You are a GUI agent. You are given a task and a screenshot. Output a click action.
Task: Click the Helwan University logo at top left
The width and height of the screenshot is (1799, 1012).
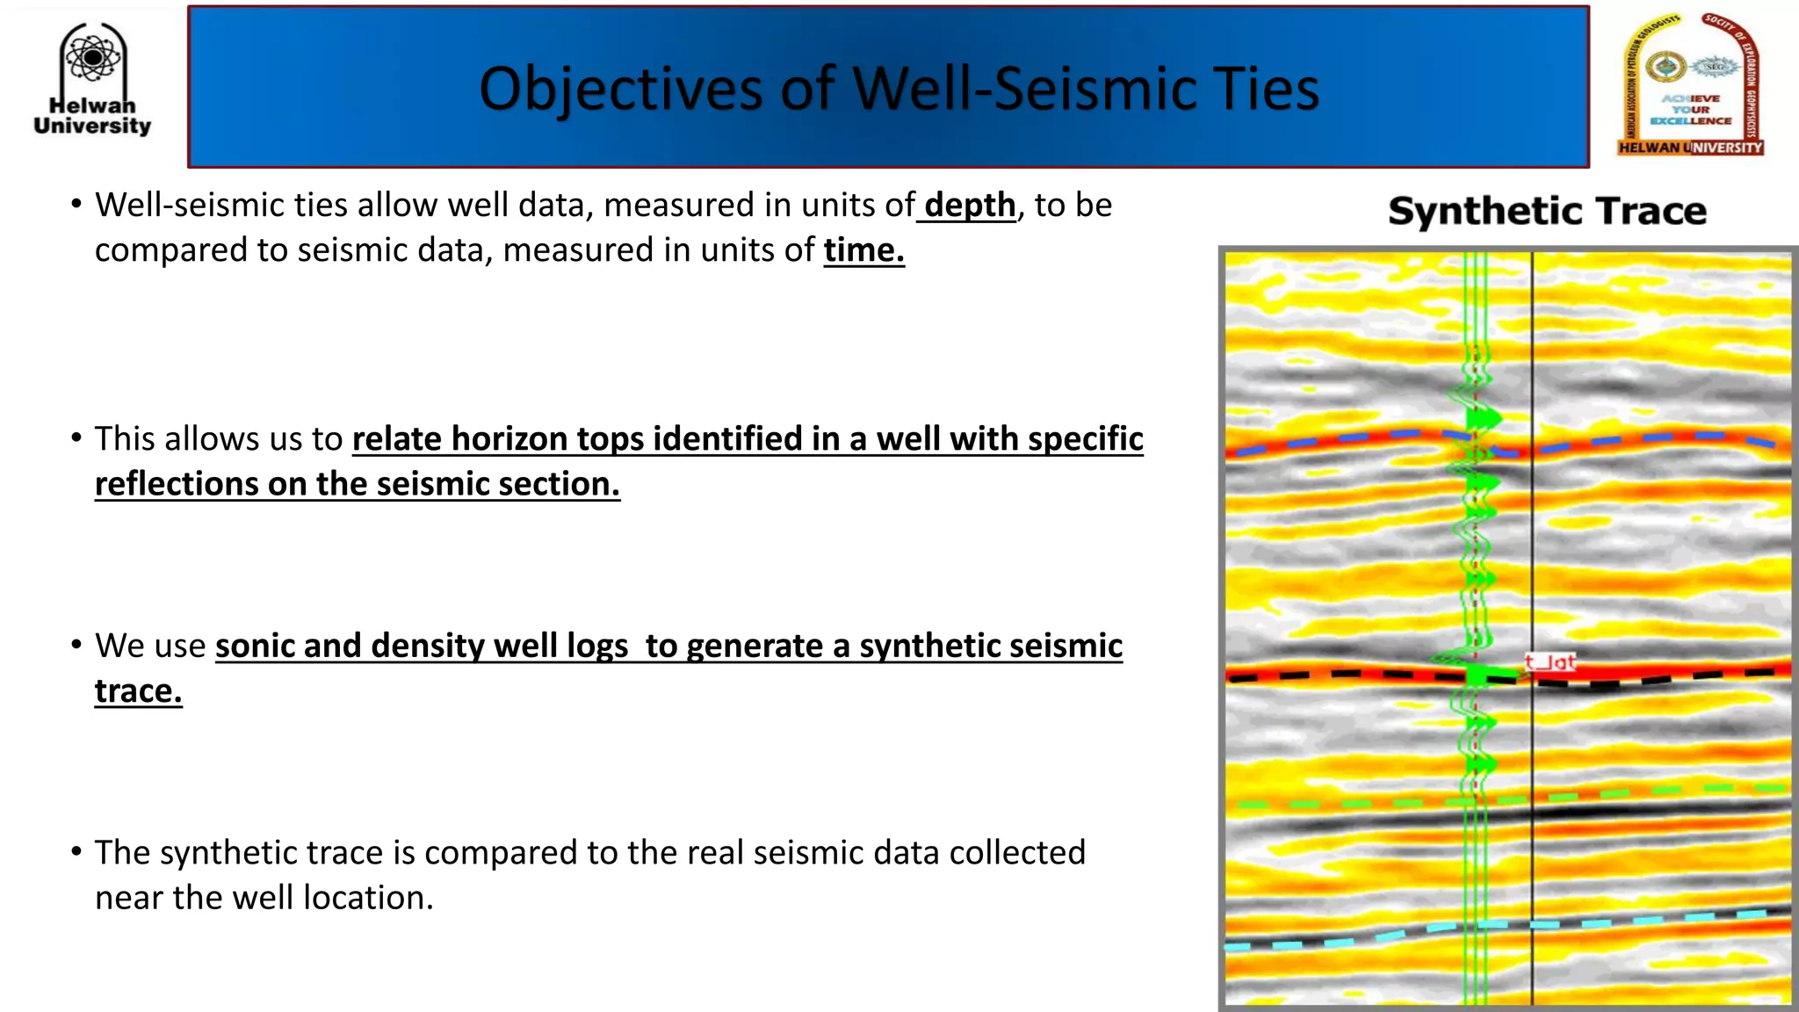coord(92,79)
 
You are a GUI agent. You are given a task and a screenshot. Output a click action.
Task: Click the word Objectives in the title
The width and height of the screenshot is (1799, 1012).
coord(620,90)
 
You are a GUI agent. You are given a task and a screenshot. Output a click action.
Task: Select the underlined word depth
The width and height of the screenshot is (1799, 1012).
coord(970,206)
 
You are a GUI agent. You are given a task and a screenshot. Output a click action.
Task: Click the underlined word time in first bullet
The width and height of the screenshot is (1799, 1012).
coord(863,250)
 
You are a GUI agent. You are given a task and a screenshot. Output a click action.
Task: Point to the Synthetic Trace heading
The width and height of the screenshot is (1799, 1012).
coord(1547,212)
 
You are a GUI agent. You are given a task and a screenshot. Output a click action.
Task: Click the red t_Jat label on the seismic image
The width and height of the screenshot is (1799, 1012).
coord(1550,662)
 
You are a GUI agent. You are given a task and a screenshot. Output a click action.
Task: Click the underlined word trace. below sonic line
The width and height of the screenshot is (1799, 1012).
coord(138,691)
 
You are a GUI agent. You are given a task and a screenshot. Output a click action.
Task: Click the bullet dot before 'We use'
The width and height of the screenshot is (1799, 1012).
coord(76,645)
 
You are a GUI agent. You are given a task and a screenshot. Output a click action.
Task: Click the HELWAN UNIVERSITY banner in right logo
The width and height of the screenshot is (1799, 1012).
coord(1690,148)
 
